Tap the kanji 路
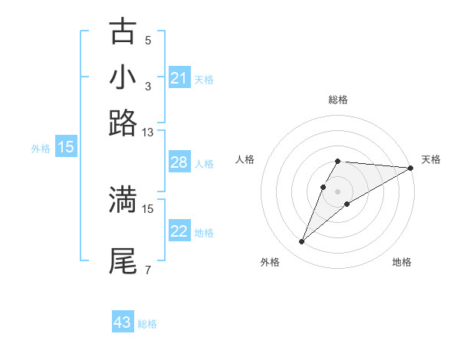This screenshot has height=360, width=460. (x=123, y=123)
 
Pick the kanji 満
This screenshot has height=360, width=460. (x=123, y=199)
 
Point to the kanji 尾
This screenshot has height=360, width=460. (x=123, y=260)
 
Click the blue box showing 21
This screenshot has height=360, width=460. (x=179, y=78)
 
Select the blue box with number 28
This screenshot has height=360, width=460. (x=179, y=163)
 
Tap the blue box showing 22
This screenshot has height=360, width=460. (x=179, y=232)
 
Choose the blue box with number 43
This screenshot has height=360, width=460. (x=123, y=322)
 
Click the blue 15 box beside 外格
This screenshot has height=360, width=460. (x=66, y=148)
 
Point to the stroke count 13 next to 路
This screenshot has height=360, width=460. (x=148, y=133)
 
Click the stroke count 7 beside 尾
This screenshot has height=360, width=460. (x=148, y=270)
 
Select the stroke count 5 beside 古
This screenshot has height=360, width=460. (x=148, y=40)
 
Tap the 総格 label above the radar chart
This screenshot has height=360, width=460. (x=337, y=100)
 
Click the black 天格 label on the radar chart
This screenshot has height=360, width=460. (x=431, y=159)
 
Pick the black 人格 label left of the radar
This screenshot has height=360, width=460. (x=245, y=159)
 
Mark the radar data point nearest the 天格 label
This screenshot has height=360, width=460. (x=411, y=168)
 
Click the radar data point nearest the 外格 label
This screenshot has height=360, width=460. (x=302, y=242)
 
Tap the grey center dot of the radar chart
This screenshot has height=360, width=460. (x=337, y=191)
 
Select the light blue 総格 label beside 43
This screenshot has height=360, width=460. (x=148, y=324)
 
